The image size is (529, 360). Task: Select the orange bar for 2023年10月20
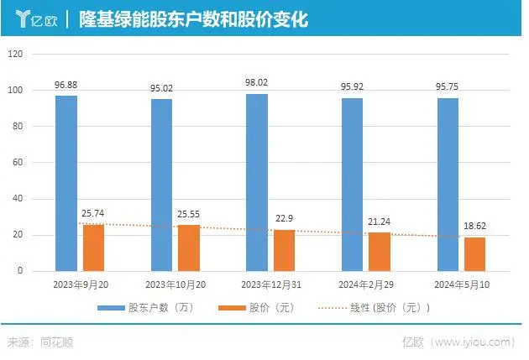[x=190, y=248]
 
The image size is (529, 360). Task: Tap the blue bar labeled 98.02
[x=257, y=182]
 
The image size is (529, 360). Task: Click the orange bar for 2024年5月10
[x=475, y=253]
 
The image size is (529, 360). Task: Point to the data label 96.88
[x=67, y=84]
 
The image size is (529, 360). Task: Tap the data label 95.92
[x=353, y=86]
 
